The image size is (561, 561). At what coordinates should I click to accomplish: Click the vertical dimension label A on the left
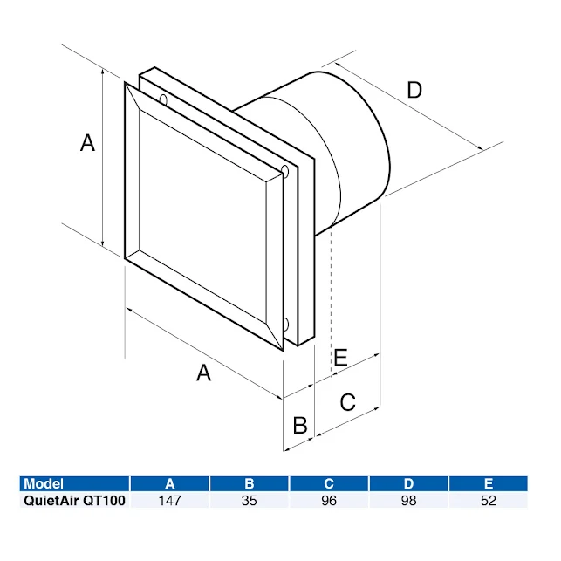tap(87, 143)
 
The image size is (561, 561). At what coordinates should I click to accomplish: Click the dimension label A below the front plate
tap(203, 373)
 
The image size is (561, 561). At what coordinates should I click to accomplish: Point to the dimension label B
tap(299, 425)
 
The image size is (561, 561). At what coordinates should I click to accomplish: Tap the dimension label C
tap(347, 402)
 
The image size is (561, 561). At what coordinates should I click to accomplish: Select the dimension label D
tap(414, 89)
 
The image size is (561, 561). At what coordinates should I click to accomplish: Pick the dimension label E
tap(340, 357)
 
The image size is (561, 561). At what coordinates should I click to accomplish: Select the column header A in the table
tap(169, 483)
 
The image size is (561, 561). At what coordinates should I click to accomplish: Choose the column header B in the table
tap(250, 483)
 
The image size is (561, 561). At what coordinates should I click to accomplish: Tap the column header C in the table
tap(329, 483)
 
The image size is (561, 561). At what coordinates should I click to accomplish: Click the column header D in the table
tap(408, 483)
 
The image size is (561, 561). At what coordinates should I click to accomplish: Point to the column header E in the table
tap(488, 483)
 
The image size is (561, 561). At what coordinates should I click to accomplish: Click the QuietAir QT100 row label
tap(74, 501)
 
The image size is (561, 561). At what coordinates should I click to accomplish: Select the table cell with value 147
tap(169, 501)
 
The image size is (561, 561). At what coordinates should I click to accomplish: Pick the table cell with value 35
tap(250, 501)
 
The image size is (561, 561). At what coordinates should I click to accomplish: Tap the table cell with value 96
tap(329, 501)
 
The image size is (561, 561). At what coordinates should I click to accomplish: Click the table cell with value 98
tap(408, 501)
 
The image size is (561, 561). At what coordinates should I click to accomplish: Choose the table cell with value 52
tap(488, 501)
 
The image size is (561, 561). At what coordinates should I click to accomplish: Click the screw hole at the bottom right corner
tap(285, 326)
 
